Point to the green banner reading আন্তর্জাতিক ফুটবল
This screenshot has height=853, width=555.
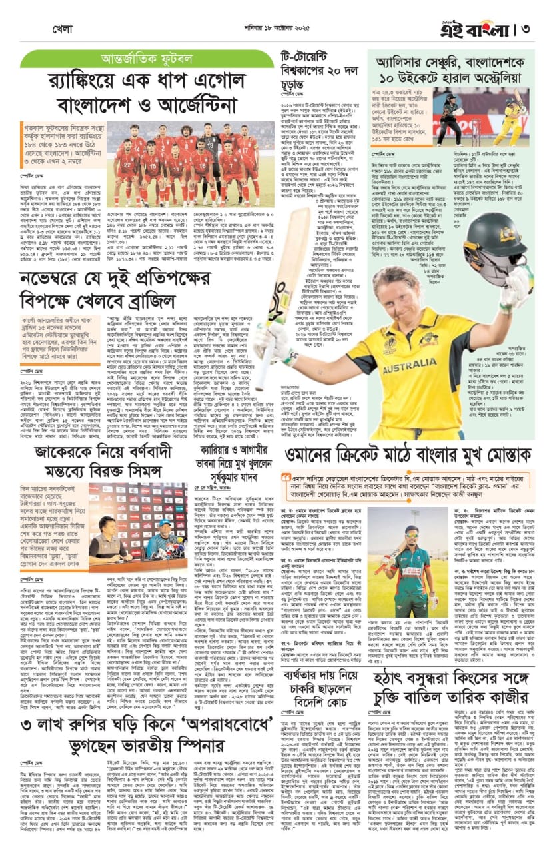pyautogui.click(x=147, y=59)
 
